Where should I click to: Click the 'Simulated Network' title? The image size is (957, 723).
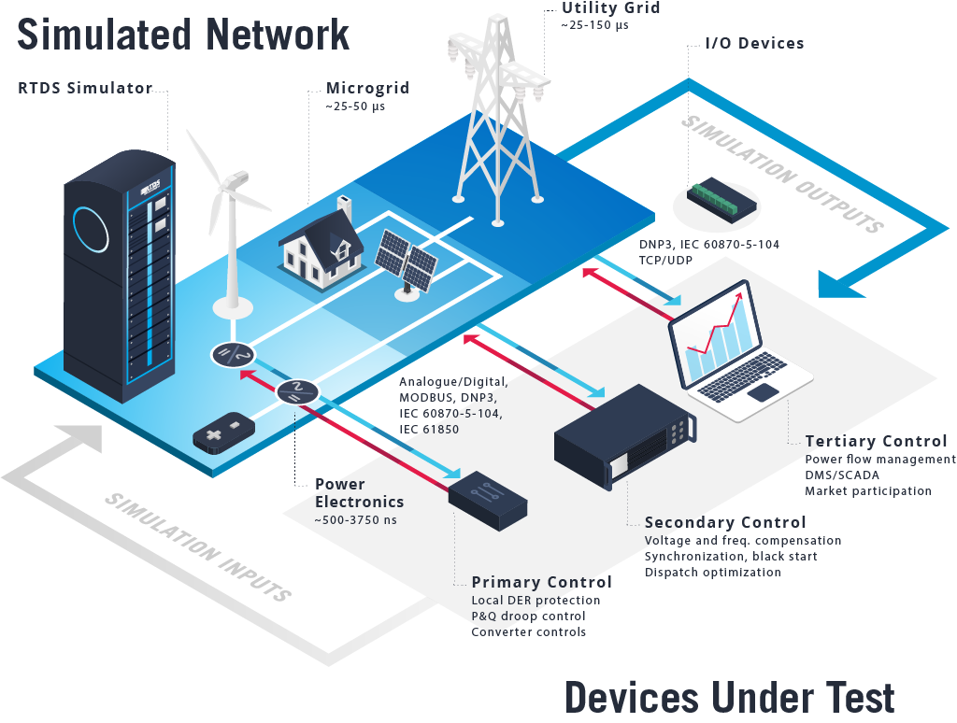pyautogui.click(x=183, y=35)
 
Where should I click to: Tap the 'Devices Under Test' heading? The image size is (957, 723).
pyautogui.click(x=729, y=697)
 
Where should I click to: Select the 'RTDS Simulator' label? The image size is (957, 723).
pyautogui.click(x=85, y=89)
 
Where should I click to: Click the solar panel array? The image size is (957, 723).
pyautogui.click(x=407, y=262)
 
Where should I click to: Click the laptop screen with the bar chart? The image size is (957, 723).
pyautogui.click(x=719, y=337)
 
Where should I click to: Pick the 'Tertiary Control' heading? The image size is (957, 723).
pyautogui.click(x=876, y=441)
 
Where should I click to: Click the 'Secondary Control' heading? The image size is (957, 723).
pyautogui.click(x=725, y=522)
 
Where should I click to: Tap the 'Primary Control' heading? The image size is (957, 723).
pyautogui.click(x=542, y=582)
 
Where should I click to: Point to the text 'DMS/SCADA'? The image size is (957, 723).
pyautogui.click(x=841, y=475)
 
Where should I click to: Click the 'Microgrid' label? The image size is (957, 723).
pyautogui.click(x=367, y=89)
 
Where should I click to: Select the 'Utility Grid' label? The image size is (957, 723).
pyautogui.click(x=610, y=8)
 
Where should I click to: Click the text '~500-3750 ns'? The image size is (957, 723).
pyautogui.click(x=355, y=519)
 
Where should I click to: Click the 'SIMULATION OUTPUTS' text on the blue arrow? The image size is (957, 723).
pyautogui.click(x=783, y=173)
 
